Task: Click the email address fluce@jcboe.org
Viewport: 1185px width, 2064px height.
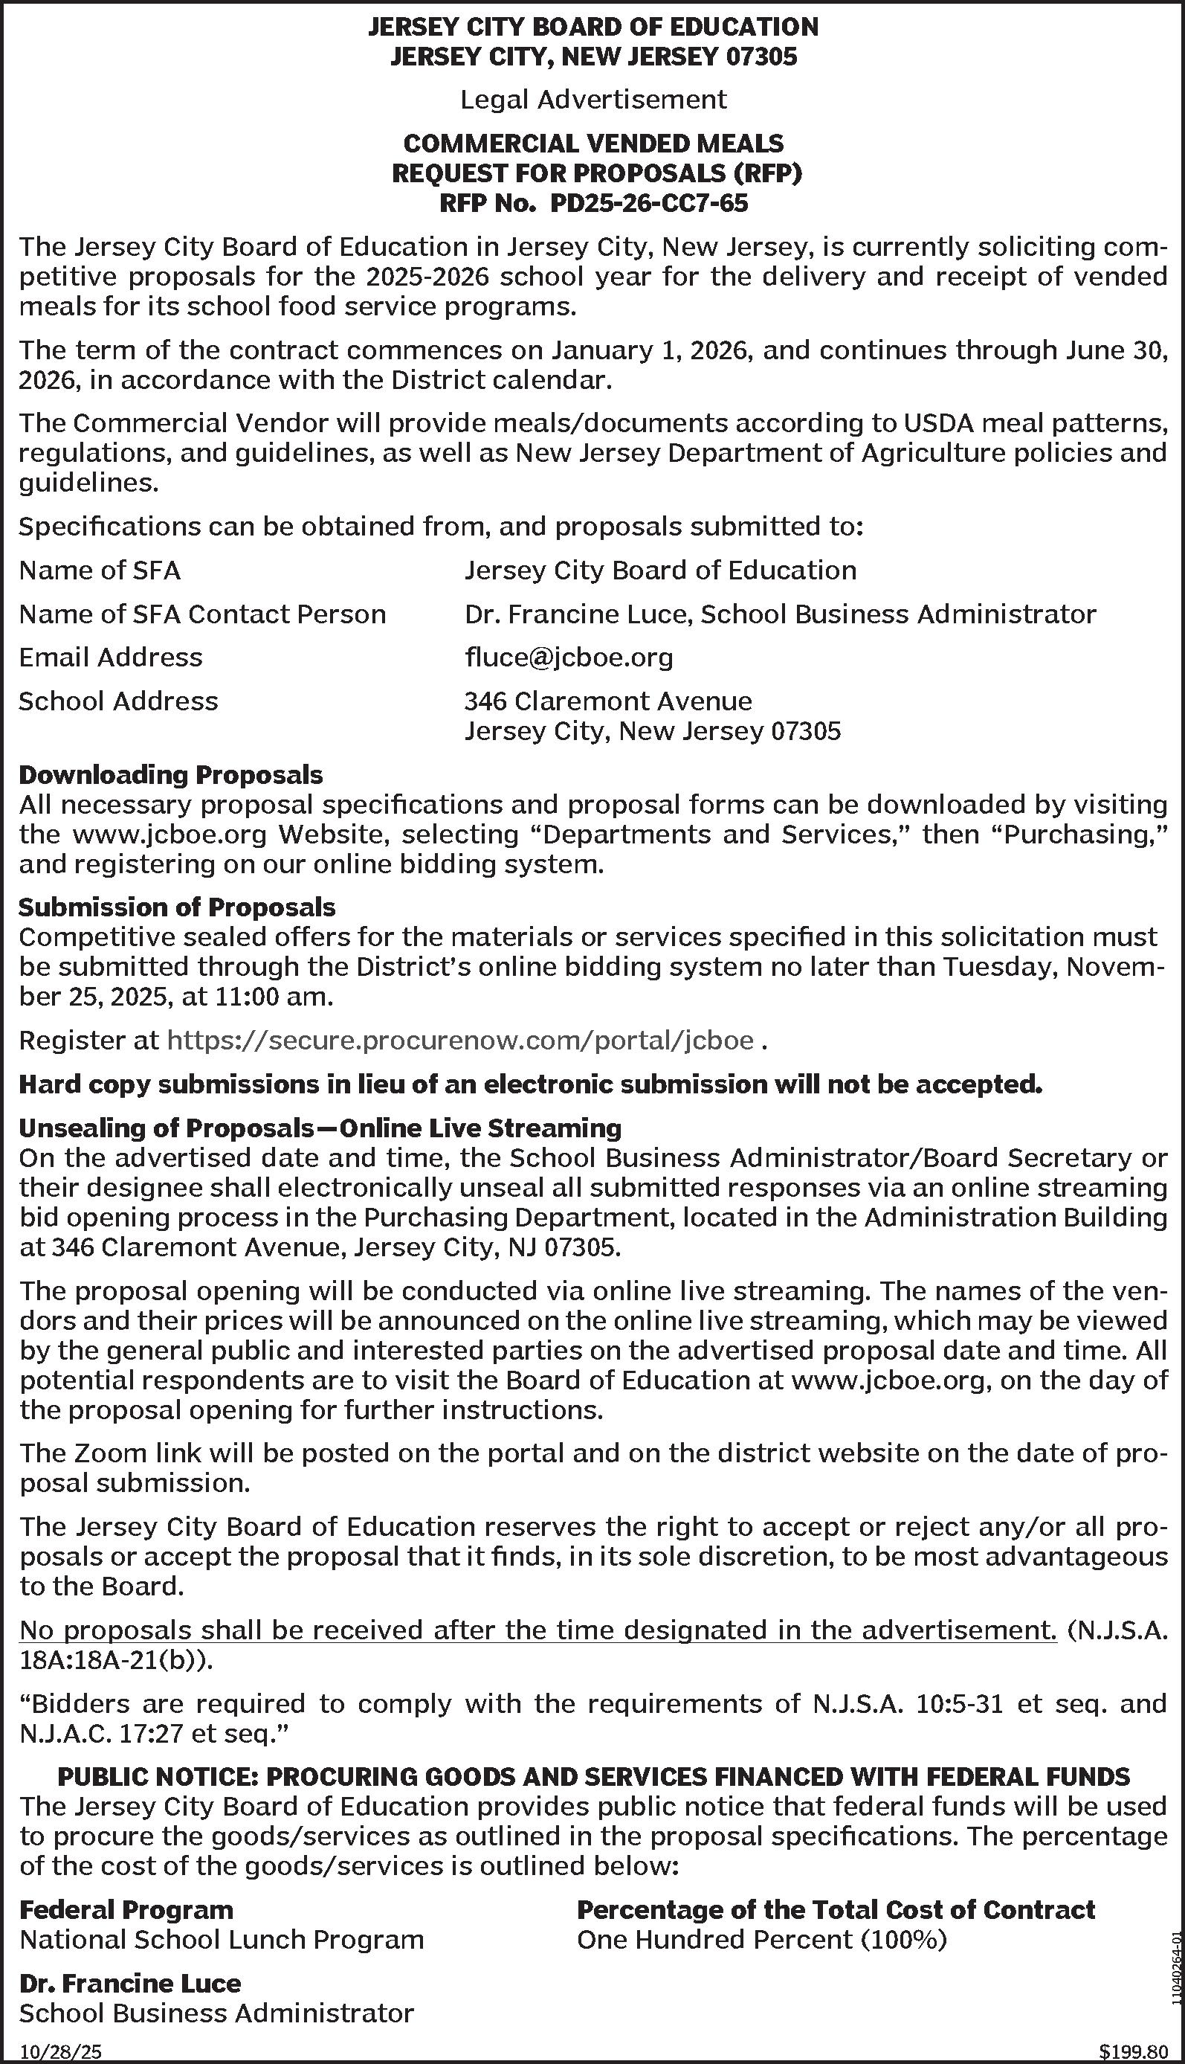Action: tap(568, 657)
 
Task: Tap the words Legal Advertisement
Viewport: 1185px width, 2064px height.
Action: tap(593, 100)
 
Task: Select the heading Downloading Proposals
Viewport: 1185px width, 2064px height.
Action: tap(171, 774)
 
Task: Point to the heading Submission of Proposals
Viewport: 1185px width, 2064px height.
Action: tap(177, 907)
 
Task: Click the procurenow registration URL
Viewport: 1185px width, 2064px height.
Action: tap(460, 1041)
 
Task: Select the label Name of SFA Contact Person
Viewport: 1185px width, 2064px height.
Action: tap(202, 613)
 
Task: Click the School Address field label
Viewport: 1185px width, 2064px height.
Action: tap(119, 701)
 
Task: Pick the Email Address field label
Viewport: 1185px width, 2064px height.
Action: tap(111, 657)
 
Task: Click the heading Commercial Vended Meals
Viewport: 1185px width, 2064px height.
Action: tap(593, 144)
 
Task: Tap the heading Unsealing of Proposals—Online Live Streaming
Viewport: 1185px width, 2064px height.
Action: tap(320, 1128)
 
